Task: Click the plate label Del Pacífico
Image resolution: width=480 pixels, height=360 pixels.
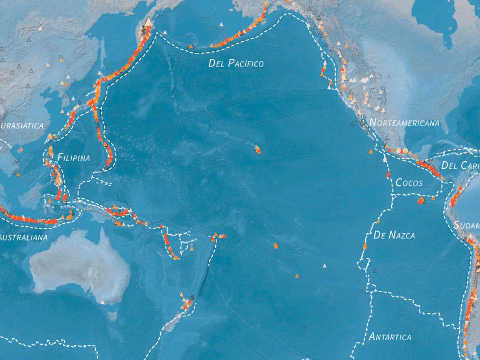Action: (236, 63)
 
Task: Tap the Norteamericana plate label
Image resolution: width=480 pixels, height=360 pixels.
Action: (404, 123)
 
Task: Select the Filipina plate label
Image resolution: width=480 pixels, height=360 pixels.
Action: (74, 158)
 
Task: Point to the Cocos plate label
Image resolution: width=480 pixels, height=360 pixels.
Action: (409, 183)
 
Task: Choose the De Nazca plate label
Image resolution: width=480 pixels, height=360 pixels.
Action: (394, 235)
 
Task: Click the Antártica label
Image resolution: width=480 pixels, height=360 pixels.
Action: (390, 337)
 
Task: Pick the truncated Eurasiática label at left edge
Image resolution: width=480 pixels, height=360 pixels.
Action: (22, 126)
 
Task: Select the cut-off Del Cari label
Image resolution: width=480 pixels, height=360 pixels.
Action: (460, 165)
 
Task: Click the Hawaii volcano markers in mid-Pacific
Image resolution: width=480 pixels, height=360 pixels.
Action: (258, 150)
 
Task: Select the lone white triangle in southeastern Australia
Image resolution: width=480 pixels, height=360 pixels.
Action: (102, 302)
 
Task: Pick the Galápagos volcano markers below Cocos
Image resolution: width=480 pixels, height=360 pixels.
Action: (422, 200)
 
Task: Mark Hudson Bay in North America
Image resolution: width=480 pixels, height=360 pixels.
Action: (434, 18)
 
